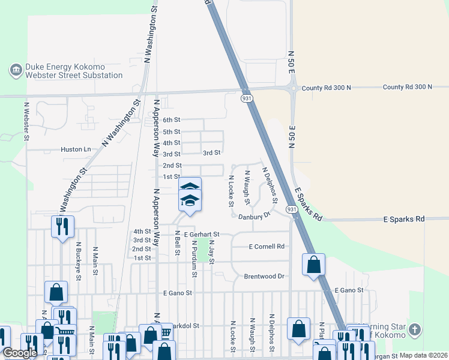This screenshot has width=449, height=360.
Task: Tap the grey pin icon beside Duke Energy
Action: click(x=16, y=71)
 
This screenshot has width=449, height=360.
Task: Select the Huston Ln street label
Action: click(x=76, y=149)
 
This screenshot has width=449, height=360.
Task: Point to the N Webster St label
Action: click(x=26, y=121)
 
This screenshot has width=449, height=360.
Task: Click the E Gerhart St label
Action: click(x=202, y=234)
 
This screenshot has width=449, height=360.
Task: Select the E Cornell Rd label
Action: click(x=267, y=246)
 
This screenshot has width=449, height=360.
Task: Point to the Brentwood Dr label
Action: click(x=264, y=276)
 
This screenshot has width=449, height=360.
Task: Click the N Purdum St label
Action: click(x=194, y=259)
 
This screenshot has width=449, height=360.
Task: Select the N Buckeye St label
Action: click(x=78, y=259)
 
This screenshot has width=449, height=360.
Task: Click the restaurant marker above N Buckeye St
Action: click(x=62, y=226)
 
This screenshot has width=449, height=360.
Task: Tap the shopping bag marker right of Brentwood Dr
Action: click(x=313, y=265)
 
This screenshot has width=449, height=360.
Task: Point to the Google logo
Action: click(x=19, y=353)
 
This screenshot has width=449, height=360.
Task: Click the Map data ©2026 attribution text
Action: click(x=423, y=355)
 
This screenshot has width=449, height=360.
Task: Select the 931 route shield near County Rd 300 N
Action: click(x=247, y=97)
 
